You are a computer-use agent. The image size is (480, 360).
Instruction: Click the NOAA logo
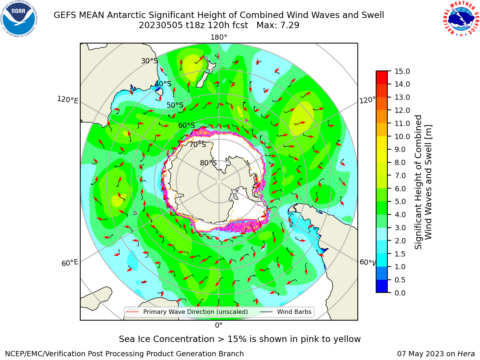19,19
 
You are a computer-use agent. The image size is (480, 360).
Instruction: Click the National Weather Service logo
460,19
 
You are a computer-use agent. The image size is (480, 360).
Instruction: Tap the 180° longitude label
219,37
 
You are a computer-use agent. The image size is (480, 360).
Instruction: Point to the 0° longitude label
219,325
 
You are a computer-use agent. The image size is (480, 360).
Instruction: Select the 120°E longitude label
67,100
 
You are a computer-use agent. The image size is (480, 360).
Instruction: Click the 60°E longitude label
70,262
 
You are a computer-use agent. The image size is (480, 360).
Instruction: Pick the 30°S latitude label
149,61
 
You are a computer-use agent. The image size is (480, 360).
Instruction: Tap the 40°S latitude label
163,84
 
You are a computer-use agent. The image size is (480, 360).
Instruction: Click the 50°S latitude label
175,105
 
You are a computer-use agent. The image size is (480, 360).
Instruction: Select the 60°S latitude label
186,125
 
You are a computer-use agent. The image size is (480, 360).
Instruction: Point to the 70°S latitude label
198,144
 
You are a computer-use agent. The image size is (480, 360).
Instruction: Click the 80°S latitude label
208,163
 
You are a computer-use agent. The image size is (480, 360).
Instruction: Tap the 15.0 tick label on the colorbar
402,71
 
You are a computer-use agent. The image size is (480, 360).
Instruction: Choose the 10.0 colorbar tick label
402,136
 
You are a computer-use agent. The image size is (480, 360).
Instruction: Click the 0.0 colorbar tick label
400,293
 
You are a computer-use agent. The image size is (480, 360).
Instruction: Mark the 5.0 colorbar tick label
400,201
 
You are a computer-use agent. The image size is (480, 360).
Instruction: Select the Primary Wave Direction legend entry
187,312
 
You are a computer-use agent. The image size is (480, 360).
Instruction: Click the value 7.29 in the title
290,25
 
